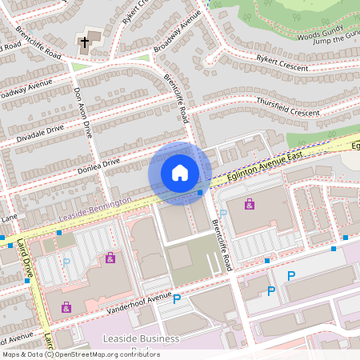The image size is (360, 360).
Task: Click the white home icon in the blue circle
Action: [180, 172]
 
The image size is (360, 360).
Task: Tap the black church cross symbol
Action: [85, 41]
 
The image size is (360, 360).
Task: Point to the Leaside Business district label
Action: [141, 339]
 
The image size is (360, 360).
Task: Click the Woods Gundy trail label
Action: [320, 33]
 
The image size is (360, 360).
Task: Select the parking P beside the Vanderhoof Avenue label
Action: [177, 299]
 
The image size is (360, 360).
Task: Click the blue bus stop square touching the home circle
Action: [199, 192]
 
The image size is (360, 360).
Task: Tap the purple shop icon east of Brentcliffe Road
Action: [250, 204]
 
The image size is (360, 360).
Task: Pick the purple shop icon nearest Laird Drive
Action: [66, 306]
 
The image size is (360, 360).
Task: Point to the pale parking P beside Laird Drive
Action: [66, 261]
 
